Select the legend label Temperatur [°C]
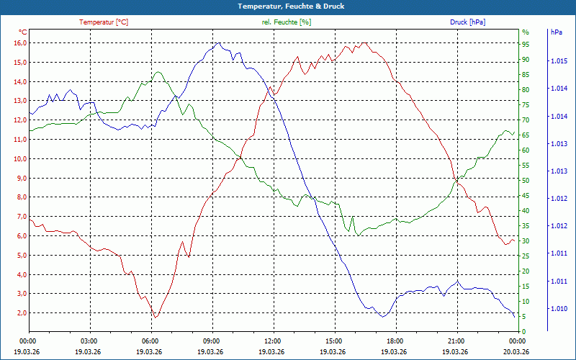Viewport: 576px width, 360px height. [104, 22]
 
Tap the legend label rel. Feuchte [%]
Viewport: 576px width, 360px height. [287, 22]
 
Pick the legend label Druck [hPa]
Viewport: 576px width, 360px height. [467, 22]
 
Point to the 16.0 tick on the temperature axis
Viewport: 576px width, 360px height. [19, 43]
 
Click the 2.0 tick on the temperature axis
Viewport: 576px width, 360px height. [21, 313]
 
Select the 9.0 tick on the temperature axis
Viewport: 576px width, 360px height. [21, 179]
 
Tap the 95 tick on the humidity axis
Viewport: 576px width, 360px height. [526, 44]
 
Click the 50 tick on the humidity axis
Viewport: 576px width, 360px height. [526, 181]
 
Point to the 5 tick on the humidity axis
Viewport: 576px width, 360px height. [524, 317]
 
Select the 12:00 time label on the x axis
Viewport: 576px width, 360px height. [273, 341]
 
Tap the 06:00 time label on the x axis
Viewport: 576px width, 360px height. [150, 341]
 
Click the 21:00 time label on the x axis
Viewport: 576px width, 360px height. [456, 341]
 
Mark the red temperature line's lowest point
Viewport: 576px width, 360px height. [155, 318]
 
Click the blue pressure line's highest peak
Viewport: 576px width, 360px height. [218, 43]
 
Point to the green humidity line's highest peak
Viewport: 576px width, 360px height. [156, 71]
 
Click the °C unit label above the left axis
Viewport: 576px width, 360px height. [23, 32]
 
